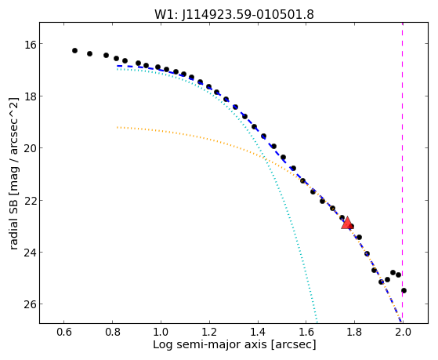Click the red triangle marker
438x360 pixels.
tap(347, 223)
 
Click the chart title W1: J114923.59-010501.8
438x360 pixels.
tap(234, 15)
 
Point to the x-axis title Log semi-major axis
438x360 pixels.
tap(209, 344)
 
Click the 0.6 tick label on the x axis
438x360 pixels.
tap(64, 332)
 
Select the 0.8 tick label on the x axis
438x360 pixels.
tap(112, 332)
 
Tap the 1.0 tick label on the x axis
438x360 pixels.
tap(161, 332)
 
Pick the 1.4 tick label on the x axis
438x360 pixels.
tap(258, 332)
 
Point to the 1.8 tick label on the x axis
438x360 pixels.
tap(354, 332)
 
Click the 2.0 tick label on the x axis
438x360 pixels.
tap(403, 332)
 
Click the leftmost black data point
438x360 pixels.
tap(74, 51)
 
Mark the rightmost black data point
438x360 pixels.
tap(404, 291)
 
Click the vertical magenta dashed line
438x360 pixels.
tap(402, 173)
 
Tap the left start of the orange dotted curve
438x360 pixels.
tap(118, 128)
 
